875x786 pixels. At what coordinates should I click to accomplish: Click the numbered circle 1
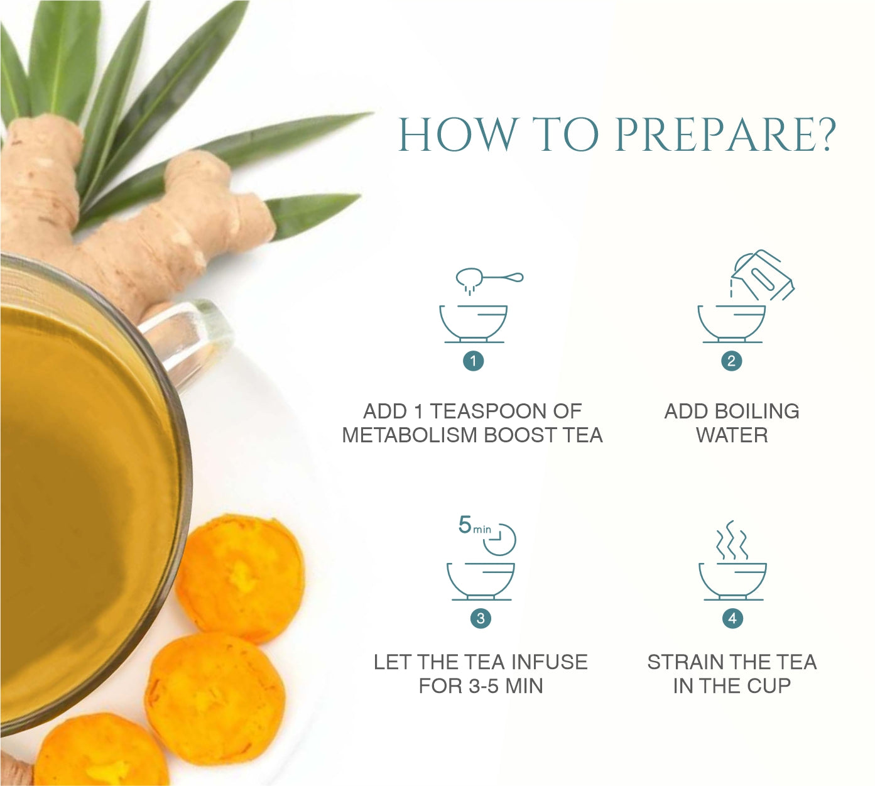point(473,361)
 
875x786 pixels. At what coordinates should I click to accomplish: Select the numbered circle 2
point(731,361)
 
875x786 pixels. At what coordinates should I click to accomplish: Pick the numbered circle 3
point(481,618)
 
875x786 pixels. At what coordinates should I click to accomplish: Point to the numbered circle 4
point(732,618)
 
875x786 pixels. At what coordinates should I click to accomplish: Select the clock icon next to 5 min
point(500,539)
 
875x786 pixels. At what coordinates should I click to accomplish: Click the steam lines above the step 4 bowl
point(732,540)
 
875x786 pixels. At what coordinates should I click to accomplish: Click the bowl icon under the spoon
point(474,324)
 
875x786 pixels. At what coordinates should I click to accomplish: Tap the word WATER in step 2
point(732,435)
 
